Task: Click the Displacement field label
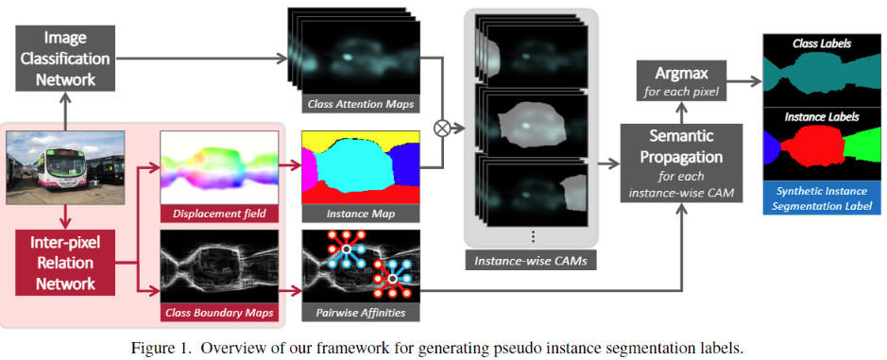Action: point(219,214)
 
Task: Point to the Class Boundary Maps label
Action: point(219,309)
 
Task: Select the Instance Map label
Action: point(360,214)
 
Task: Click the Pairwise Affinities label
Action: point(360,309)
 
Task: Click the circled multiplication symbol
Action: point(438,127)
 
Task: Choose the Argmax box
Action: point(682,80)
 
